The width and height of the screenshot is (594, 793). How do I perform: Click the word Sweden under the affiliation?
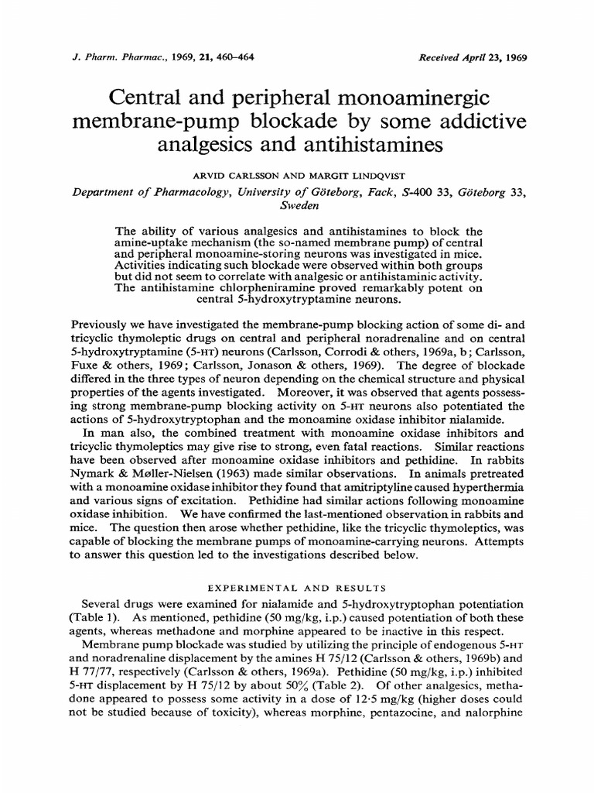(x=297, y=207)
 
